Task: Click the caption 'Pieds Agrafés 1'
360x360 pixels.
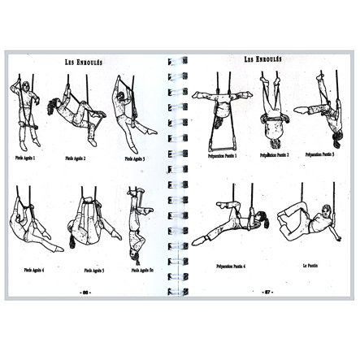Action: [24, 158]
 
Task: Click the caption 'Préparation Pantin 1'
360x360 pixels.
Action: [222, 155]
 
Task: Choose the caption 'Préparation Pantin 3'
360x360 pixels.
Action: [319, 154]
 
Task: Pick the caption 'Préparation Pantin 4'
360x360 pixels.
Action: [232, 266]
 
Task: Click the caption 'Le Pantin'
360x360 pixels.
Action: [310, 264]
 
